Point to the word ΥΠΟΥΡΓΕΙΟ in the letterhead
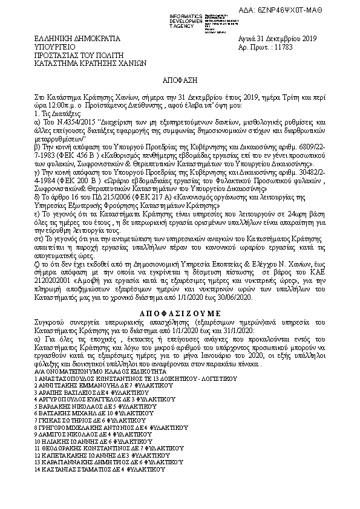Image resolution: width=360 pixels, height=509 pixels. click(x=53, y=46)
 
